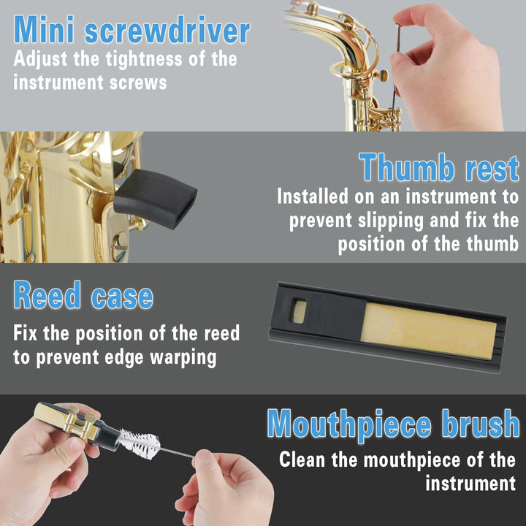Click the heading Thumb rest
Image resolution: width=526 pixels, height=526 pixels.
pos(439,168)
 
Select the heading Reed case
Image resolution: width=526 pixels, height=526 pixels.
pos(83,297)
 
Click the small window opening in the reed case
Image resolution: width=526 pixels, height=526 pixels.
pos(297,310)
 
